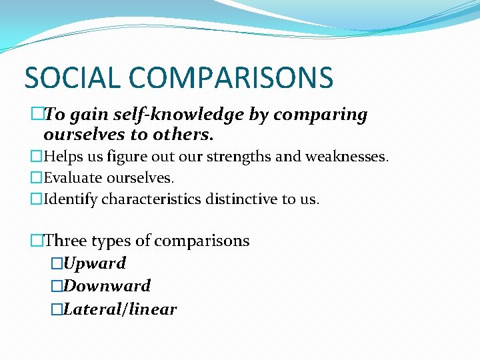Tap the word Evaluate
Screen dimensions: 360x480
(71, 178)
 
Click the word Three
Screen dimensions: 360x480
(66, 241)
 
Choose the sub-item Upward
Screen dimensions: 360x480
(95, 263)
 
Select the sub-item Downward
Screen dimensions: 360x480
(107, 286)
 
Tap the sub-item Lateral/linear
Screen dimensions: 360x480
(120, 309)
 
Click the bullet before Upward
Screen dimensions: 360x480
(57, 264)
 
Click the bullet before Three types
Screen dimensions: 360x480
(37, 241)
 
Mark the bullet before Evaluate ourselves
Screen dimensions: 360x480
(37, 179)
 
